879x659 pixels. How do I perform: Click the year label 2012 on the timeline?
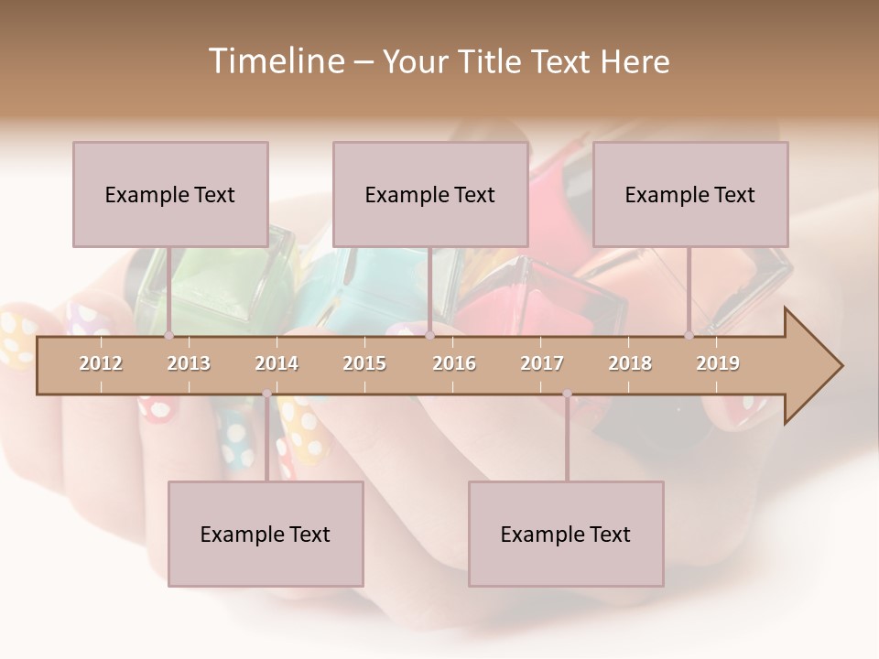101,363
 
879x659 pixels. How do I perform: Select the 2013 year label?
189,363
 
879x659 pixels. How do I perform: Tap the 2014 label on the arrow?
277,363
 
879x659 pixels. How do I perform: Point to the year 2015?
364,363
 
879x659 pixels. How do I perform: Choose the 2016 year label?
454,363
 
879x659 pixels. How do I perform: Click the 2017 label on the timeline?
542,363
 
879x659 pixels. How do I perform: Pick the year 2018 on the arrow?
630,363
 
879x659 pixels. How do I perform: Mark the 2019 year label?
718,363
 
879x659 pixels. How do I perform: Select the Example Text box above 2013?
170,194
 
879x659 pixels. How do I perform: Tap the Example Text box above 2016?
430,194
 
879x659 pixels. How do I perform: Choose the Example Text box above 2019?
690,194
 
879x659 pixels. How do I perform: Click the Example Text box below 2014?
266,534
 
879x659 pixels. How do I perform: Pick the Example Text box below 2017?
566,534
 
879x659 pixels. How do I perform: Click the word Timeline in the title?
274,61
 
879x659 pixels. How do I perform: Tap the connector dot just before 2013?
168,336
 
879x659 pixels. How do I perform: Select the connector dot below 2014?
266,394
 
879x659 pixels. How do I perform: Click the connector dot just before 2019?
689,336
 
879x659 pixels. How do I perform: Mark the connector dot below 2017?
567,394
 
